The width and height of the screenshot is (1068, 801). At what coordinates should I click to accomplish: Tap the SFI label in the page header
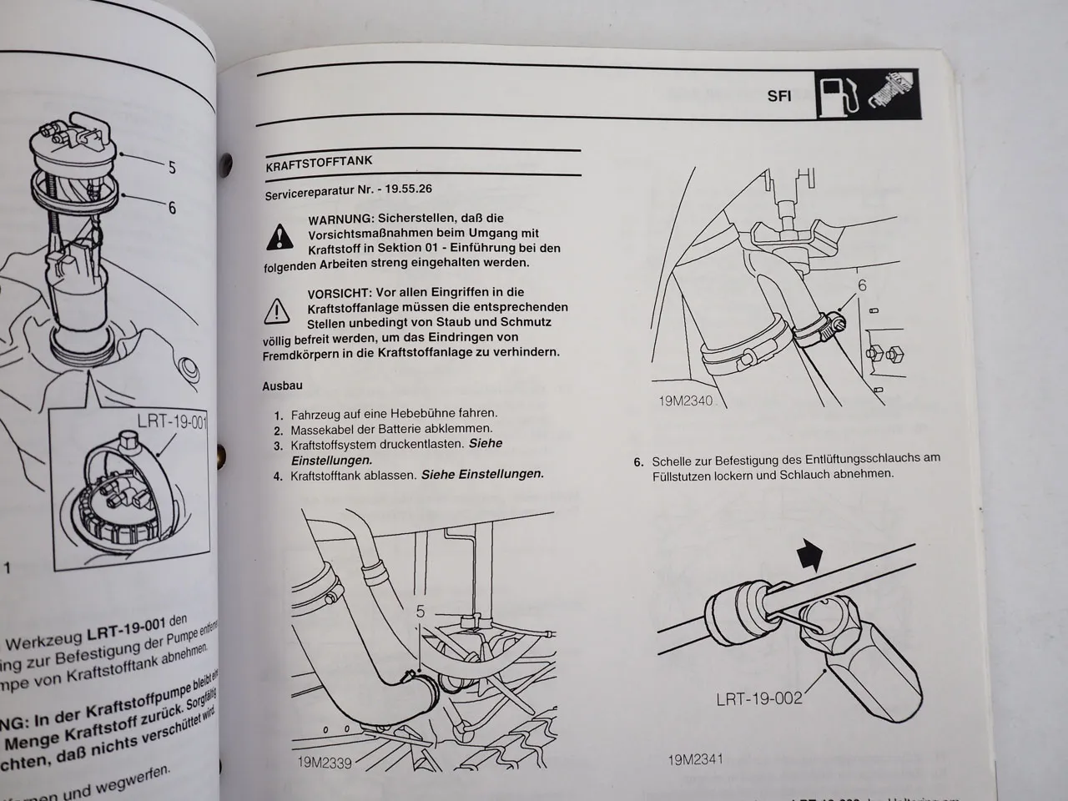tap(779, 95)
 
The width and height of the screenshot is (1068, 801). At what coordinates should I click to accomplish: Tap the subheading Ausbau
tap(282, 386)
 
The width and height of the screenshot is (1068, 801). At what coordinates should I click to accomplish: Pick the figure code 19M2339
tap(324, 762)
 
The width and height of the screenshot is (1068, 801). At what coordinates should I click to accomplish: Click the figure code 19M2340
tap(686, 401)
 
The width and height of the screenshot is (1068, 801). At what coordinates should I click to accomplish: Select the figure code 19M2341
tap(695, 759)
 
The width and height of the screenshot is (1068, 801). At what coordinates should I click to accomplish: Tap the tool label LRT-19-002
tap(758, 698)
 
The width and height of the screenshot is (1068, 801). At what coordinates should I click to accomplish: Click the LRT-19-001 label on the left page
tap(171, 422)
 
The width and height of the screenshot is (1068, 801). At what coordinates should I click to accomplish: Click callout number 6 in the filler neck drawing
tap(862, 286)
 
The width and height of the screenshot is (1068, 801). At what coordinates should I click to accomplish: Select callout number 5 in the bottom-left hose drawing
tap(420, 612)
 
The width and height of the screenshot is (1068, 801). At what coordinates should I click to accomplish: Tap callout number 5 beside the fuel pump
tap(172, 167)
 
